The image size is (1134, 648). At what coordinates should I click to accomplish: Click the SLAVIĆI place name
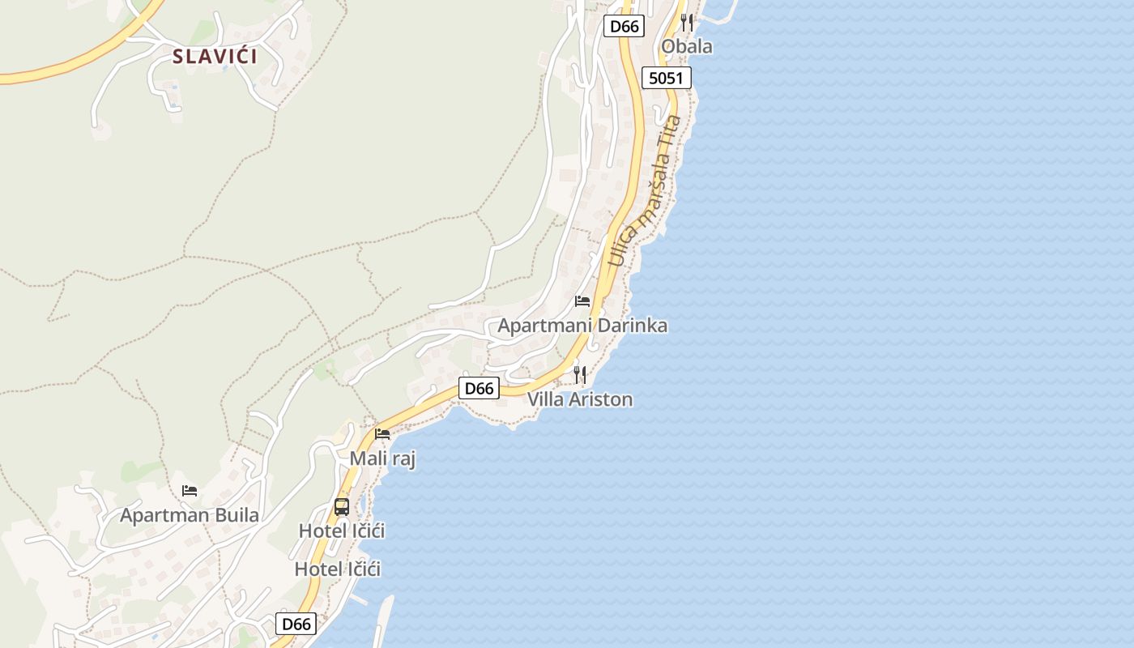pyautogui.click(x=215, y=57)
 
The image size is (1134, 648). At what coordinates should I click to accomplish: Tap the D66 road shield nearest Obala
pyautogui.click(x=624, y=26)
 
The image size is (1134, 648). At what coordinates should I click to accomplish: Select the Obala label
pyautogui.click(x=687, y=46)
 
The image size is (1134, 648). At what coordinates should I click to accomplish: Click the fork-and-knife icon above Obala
pyautogui.click(x=687, y=22)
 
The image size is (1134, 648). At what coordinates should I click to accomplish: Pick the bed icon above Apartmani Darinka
pyautogui.click(x=582, y=301)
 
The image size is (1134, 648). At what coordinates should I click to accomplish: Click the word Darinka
pyautogui.click(x=629, y=326)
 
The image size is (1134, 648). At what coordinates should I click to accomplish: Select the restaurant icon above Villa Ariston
pyautogui.click(x=580, y=374)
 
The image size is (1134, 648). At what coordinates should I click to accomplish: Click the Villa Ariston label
pyautogui.click(x=580, y=399)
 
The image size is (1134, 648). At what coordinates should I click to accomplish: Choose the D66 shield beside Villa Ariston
pyautogui.click(x=478, y=388)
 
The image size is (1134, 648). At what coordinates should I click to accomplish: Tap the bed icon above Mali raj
pyautogui.click(x=382, y=434)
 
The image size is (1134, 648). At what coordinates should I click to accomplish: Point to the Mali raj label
pyautogui.click(x=382, y=459)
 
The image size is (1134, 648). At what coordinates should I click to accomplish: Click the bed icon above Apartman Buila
pyautogui.click(x=190, y=490)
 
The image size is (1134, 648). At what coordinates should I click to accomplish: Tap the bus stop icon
pyautogui.click(x=342, y=507)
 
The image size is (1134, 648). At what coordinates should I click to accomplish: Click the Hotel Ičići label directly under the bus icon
pyautogui.click(x=342, y=531)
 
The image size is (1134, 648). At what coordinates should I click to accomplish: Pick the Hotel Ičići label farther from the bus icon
pyautogui.click(x=337, y=569)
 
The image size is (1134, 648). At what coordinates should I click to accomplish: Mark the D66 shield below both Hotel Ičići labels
pyautogui.click(x=296, y=624)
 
